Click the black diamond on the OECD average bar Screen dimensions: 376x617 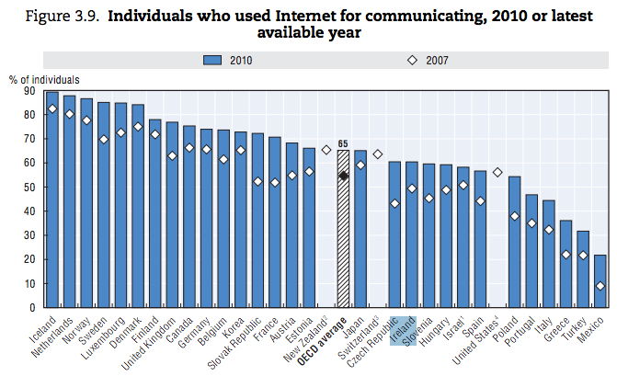click(x=343, y=175)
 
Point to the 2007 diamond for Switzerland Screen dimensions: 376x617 click(x=377, y=154)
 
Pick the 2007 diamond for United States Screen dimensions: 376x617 click(x=497, y=172)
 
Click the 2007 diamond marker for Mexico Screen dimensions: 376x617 click(x=600, y=286)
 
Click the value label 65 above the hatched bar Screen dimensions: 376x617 click(x=343, y=143)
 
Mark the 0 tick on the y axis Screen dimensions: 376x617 click(x=30, y=307)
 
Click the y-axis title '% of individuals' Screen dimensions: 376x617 click(x=44, y=80)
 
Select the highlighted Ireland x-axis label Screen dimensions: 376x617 click(x=403, y=329)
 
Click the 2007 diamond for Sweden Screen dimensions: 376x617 click(x=103, y=140)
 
